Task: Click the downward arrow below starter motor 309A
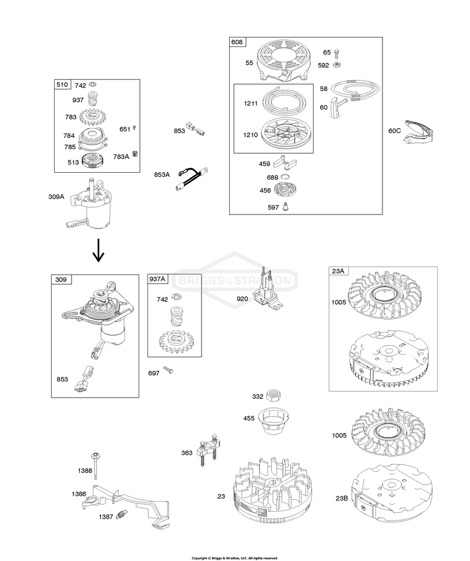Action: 98,251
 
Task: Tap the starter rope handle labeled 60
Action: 337,107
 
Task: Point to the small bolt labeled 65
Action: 337,54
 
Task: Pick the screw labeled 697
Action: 168,370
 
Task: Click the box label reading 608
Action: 237,42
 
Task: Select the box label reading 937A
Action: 157,278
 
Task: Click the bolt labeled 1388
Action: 96,466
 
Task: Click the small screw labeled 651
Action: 134,127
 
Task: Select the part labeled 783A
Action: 135,154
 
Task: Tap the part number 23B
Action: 341,498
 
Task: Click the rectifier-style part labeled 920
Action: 268,290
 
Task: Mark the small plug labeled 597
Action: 286,206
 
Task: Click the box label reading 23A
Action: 338,271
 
